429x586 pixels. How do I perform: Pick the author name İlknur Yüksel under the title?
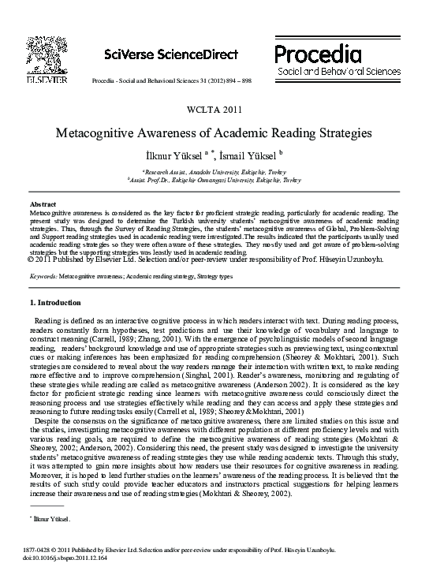174,154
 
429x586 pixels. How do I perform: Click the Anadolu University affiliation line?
214,171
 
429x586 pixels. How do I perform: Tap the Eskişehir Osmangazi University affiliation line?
214,179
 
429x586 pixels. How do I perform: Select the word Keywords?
42,277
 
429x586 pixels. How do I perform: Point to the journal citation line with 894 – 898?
171,82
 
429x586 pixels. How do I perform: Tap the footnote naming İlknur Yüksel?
50,520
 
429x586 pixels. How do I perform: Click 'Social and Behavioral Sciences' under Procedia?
333,72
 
